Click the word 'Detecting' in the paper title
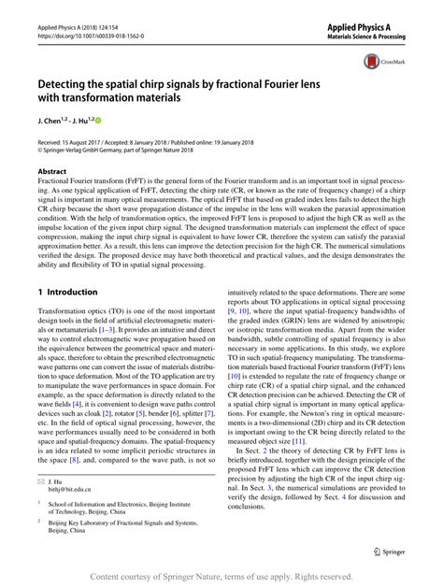click(x=72, y=82)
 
